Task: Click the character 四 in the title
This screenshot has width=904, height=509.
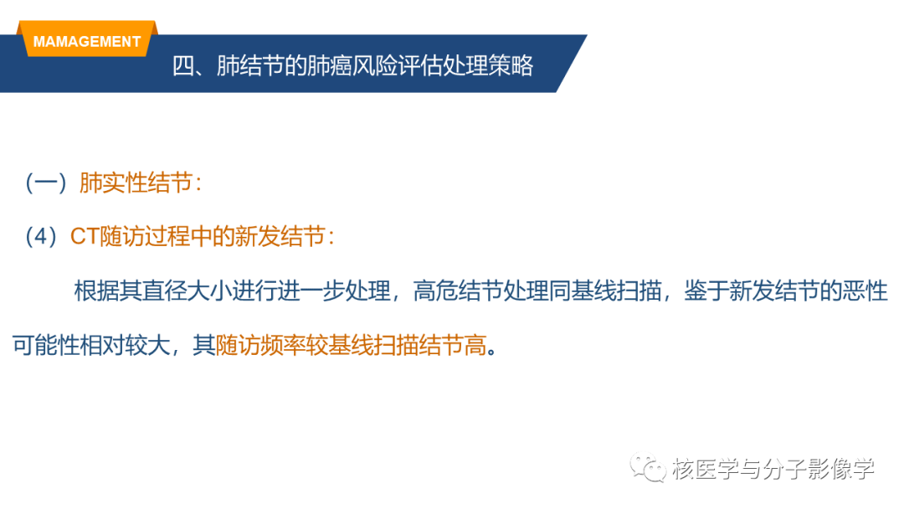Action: pyautogui.click(x=183, y=65)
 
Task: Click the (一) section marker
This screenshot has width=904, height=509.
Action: pyautogui.click(x=46, y=183)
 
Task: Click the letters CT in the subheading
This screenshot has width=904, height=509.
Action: pyautogui.click(x=85, y=236)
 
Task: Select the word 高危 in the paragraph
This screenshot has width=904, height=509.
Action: pyautogui.click(x=435, y=290)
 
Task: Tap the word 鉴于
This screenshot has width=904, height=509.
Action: pyautogui.click(x=706, y=290)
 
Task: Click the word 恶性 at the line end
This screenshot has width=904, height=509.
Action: pyautogui.click(x=865, y=290)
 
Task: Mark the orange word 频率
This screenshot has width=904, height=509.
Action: pyautogui.click(x=283, y=345)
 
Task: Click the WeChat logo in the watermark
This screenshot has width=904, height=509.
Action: pyautogui.click(x=647, y=467)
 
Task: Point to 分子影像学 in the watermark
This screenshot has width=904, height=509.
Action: pyautogui.click(x=819, y=469)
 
